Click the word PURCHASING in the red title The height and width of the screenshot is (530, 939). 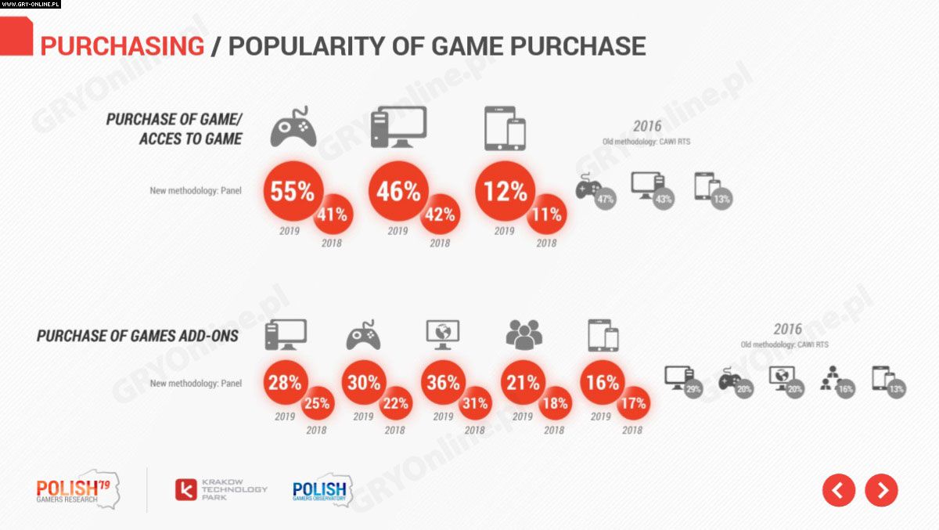coord(122,46)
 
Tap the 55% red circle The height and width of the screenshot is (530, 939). coord(293,192)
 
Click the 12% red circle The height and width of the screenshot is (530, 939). coord(505,192)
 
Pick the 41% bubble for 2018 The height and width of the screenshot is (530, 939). coord(333,215)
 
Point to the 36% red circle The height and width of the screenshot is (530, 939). coord(443,383)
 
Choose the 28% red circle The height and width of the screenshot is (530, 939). coord(284,383)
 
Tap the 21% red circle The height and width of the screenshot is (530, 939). coord(523,383)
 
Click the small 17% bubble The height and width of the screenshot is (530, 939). coord(632,404)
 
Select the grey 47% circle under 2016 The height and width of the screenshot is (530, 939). coord(605,200)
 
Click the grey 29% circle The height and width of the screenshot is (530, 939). coord(692,389)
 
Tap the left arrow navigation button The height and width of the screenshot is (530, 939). coord(838,490)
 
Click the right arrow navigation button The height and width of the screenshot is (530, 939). coord(882,490)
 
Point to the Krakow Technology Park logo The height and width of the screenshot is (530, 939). coord(221,490)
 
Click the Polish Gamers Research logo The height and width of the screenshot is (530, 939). coord(75,490)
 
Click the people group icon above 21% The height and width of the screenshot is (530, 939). coord(523,335)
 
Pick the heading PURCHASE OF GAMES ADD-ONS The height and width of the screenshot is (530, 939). coord(138,337)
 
